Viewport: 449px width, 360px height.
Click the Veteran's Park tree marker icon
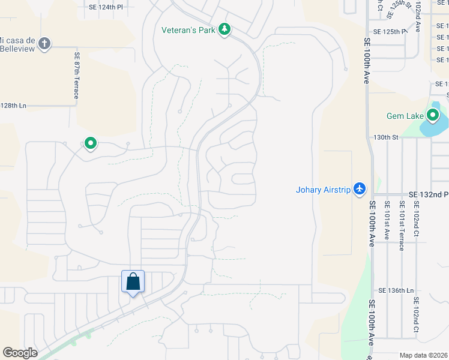224,29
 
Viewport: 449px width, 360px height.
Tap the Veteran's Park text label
188,29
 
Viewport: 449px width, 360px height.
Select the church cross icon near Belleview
44,43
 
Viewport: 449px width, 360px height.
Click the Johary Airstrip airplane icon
360,189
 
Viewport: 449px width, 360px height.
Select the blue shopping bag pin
133,281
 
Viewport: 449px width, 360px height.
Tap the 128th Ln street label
13,106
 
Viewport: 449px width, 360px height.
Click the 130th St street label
386,137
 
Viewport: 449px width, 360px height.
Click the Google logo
20,353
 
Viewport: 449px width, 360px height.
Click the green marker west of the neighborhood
91,143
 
